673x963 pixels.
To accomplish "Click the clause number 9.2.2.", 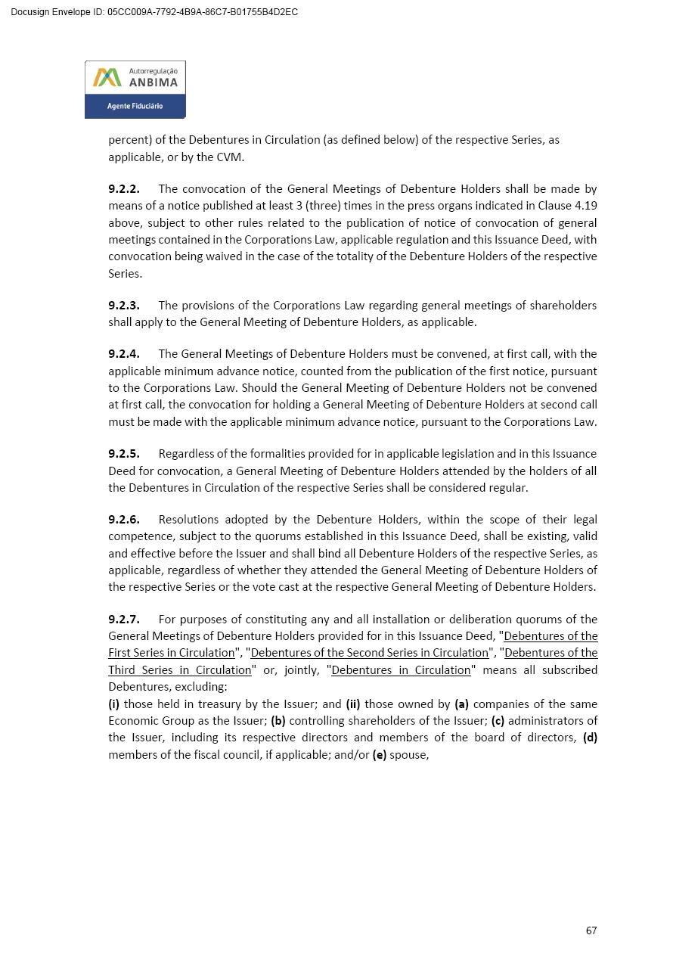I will coord(123,189).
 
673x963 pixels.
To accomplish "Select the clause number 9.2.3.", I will coord(123,306).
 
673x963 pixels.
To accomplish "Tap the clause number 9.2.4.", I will coord(123,354).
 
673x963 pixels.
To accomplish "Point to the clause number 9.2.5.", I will coord(123,454).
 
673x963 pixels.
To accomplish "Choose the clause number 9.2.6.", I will coord(123,520).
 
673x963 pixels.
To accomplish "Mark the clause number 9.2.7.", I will coord(123,620).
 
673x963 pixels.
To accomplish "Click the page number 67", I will coord(591,930).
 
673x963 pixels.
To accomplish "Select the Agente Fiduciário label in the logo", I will coord(135,107).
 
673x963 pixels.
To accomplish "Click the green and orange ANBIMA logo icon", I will coord(107,78).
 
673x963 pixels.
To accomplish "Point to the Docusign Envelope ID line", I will coord(154,12).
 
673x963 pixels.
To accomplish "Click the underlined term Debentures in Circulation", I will coord(401,670).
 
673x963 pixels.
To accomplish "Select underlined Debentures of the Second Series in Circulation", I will coord(369,653).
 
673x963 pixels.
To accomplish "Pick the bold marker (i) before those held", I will coord(114,704).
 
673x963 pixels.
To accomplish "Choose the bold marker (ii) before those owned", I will coord(353,704).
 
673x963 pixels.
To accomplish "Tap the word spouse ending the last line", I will coord(408,755).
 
